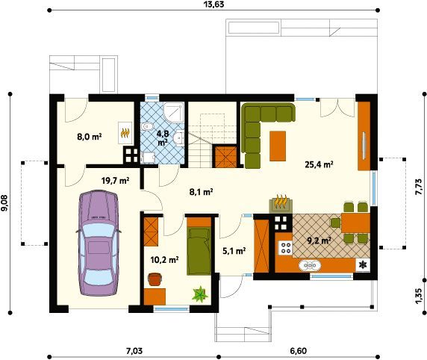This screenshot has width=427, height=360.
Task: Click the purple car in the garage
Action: click(99, 243)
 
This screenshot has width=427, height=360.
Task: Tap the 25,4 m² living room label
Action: click(320, 164)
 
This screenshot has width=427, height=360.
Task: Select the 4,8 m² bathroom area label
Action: click(163, 137)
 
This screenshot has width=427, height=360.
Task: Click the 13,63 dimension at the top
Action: click(213, 4)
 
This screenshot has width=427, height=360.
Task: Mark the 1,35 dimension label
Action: click(419, 296)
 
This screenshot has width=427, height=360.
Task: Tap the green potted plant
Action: click(200, 294)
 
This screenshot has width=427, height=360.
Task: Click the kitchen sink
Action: click(310, 266)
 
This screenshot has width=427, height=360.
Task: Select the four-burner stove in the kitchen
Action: click(285, 248)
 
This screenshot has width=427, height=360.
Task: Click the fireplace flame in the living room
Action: click(281, 202)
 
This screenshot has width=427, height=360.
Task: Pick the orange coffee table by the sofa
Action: click(278, 146)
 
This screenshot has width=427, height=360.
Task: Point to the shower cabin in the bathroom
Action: click(173, 113)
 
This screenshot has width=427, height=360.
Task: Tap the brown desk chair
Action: click(155, 279)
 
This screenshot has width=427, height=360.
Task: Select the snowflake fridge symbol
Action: click(363, 264)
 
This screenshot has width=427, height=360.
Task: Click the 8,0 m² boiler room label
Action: click(90, 136)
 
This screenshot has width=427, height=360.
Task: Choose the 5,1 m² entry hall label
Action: click(234, 251)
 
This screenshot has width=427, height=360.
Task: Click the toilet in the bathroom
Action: click(148, 127)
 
